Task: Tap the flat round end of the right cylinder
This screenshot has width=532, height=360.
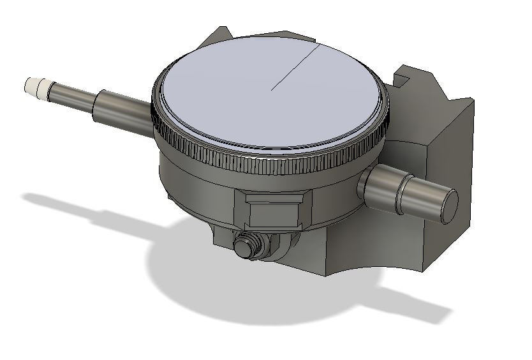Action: tap(448, 206)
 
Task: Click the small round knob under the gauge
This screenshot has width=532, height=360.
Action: tap(245, 246)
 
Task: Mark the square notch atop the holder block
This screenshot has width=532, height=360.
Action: tap(403, 80)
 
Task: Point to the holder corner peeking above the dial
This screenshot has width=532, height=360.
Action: tap(220, 38)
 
